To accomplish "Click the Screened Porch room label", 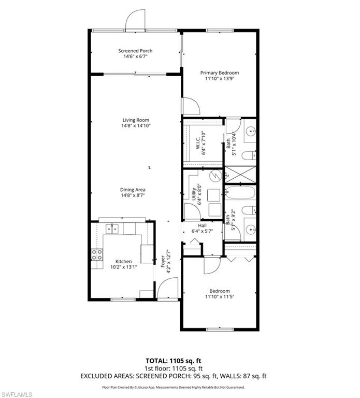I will [x=135, y=51].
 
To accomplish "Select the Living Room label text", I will [x=135, y=120].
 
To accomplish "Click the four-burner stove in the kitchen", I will [x=97, y=254].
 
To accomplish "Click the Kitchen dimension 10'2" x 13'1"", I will [x=123, y=268].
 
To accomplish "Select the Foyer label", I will [x=162, y=261].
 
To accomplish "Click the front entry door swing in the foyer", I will [x=167, y=288].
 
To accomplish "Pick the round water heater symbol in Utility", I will [x=215, y=176].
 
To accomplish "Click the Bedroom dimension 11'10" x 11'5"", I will [x=220, y=297].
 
